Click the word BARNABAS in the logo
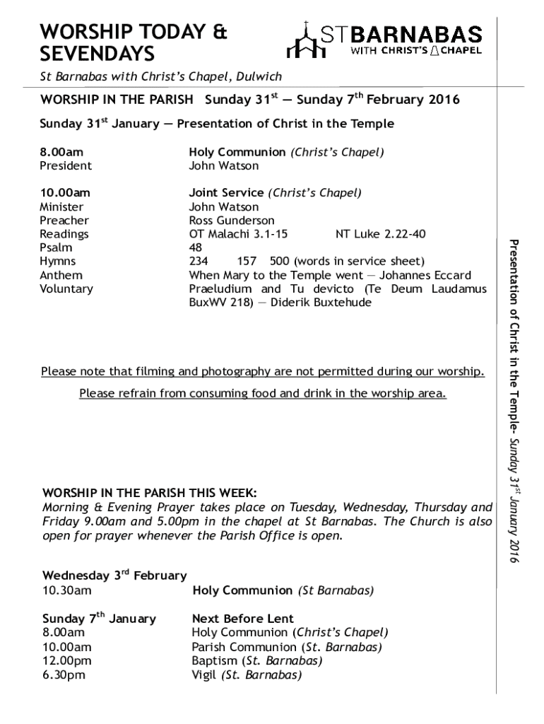click(417, 35)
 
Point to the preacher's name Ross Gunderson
click(232, 221)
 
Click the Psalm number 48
click(195, 247)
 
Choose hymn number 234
click(198, 261)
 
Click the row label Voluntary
click(66, 288)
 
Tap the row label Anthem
click(61, 275)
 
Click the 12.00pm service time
click(66, 661)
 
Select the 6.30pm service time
click(64, 675)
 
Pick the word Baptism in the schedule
click(215, 661)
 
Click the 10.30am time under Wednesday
click(66, 590)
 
